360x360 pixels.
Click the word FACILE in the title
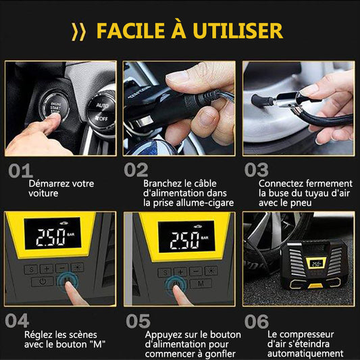(x=130, y=30)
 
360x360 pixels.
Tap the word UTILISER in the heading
(x=238, y=30)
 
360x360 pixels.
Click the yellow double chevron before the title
(x=78, y=32)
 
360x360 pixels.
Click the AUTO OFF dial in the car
(x=102, y=111)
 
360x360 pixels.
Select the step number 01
(x=20, y=171)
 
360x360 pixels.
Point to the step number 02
(x=136, y=170)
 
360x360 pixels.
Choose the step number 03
(x=256, y=170)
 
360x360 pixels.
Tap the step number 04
(x=17, y=321)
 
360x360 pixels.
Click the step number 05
(x=138, y=322)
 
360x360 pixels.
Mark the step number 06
(x=256, y=322)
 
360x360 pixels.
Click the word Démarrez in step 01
(x=49, y=184)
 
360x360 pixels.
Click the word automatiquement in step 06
(x=305, y=353)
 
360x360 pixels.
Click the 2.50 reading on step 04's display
(x=51, y=237)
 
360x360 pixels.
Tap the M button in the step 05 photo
(x=201, y=283)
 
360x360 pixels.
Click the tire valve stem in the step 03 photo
(x=262, y=101)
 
